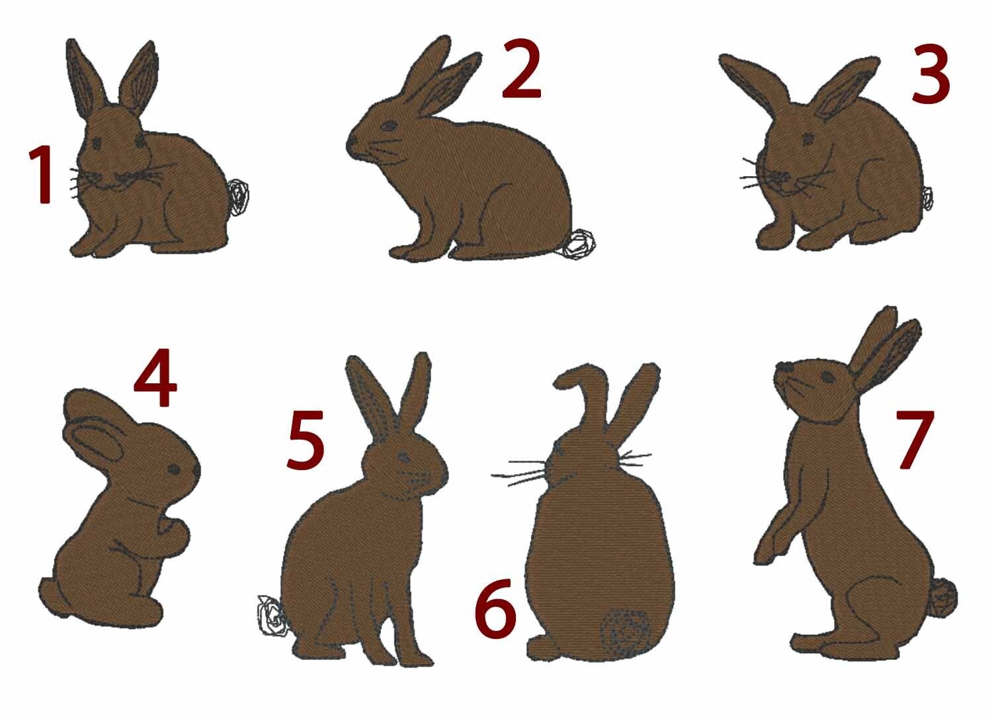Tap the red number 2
tap(521, 69)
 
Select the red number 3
tap(930, 75)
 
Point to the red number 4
tap(155, 377)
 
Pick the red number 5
tap(306, 440)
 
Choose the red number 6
tap(495, 608)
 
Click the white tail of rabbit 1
tap(238, 195)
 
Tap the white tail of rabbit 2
tap(578, 244)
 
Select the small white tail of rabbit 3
tap(927, 198)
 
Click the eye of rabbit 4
tap(174, 469)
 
